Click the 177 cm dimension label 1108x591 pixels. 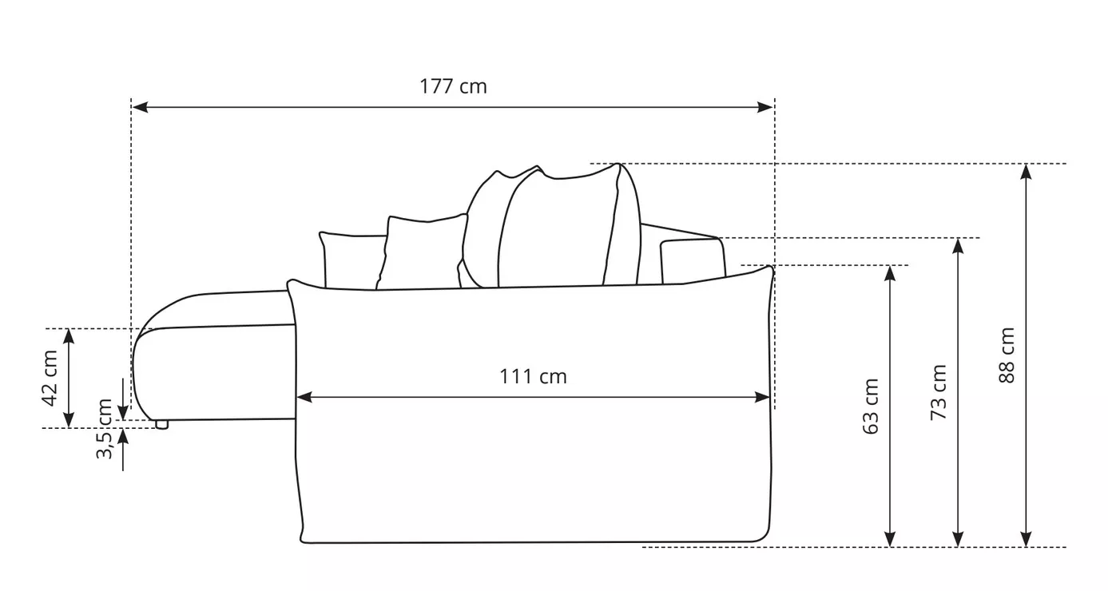click(x=453, y=86)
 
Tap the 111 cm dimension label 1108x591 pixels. click(x=533, y=377)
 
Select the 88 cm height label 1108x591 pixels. click(x=1007, y=355)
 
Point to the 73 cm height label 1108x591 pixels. click(x=939, y=393)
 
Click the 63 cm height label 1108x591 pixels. click(x=871, y=407)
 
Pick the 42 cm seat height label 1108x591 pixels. click(x=50, y=379)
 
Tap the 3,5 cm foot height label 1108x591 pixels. click(x=104, y=429)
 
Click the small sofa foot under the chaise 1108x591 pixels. click(x=161, y=424)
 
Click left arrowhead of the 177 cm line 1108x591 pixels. click(x=141, y=107)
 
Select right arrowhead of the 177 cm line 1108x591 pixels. click(x=764, y=107)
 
